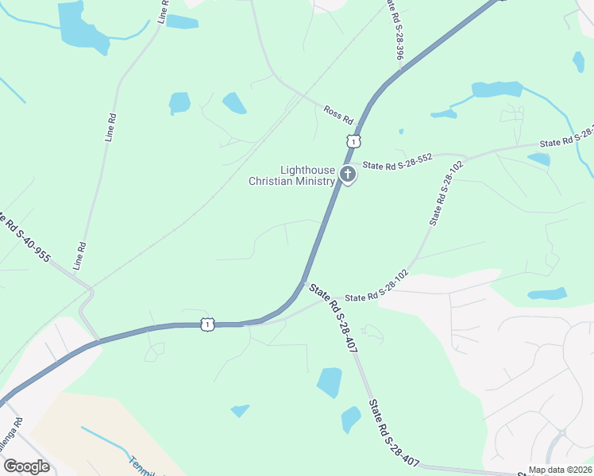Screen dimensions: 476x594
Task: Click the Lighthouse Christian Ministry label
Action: point(291,175)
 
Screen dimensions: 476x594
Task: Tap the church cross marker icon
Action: point(347,174)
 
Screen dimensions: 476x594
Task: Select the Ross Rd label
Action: point(338,114)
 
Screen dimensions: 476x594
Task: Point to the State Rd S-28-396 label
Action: point(395,30)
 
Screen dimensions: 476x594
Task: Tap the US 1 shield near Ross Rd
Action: point(353,140)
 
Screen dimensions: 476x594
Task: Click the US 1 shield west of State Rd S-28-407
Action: point(207,324)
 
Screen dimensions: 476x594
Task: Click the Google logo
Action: point(25,466)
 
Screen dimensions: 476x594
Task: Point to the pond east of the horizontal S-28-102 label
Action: point(547,294)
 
